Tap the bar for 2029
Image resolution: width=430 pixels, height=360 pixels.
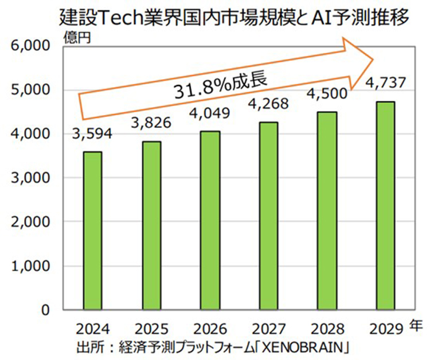click(384, 206)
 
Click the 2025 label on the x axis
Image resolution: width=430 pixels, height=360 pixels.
click(151, 329)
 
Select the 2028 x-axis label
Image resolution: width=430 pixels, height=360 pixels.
click(326, 329)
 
